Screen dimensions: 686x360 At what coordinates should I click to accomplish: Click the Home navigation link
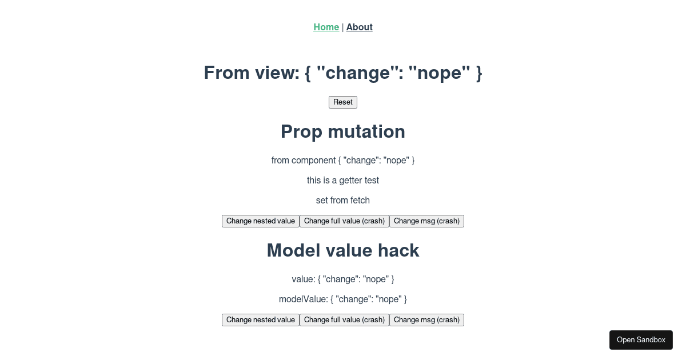tap(326, 27)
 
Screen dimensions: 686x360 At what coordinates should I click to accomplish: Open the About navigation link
tap(359, 27)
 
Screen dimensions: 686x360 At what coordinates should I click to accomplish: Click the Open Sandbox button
tap(641, 340)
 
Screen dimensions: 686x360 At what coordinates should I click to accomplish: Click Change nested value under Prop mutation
tap(261, 221)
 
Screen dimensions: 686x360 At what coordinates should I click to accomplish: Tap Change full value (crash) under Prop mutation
tap(344, 221)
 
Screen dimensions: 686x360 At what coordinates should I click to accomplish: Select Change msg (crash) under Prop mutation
tap(426, 221)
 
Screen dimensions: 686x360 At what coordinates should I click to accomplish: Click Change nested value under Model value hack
tap(261, 320)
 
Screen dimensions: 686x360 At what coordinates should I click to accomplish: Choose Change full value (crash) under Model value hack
tap(344, 320)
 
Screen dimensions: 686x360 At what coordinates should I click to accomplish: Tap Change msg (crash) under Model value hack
tap(426, 320)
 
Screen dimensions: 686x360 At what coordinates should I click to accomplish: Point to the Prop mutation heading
tap(343, 131)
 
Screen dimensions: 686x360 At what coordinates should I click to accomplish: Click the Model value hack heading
tap(343, 250)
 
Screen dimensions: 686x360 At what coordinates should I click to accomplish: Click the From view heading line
tap(343, 73)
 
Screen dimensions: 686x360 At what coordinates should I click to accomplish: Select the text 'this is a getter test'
tap(343, 181)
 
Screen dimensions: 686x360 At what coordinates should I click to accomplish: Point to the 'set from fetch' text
tap(343, 200)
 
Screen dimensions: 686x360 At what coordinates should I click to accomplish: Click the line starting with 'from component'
tap(343, 161)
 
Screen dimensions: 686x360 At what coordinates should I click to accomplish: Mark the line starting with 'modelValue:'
tap(343, 299)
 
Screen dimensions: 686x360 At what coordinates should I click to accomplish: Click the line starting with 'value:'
tap(343, 279)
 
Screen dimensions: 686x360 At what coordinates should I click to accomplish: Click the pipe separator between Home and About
tap(342, 27)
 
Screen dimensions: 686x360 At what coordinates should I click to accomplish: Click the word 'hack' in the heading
tap(398, 250)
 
